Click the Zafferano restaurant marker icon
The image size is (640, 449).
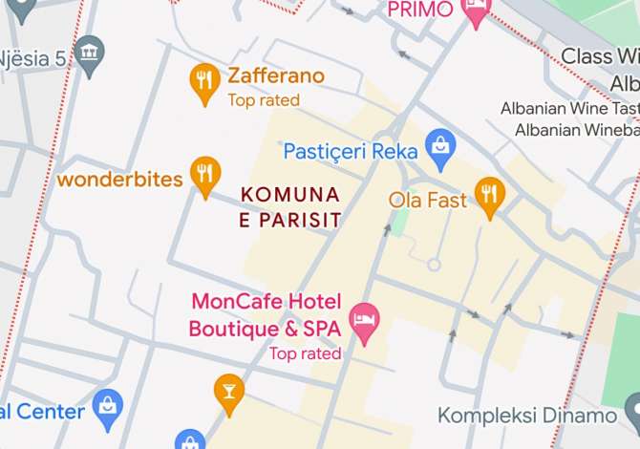click(x=204, y=81)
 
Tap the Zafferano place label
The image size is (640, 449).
click(x=276, y=76)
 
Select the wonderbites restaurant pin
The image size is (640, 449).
click(x=204, y=174)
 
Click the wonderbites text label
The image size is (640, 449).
click(x=120, y=180)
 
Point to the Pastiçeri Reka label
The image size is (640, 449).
click(x=352, y=151)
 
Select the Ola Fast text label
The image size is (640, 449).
click(x=428, y=201)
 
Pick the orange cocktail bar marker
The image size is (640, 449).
click(x=228, y=392)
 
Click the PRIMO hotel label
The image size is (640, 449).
click(x=419, y=10)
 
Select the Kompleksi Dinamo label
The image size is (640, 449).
click(x=527, y=416)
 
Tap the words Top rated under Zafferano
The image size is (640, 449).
click(x=264, y=100)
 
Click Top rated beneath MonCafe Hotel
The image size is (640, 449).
click(x=305, y=353)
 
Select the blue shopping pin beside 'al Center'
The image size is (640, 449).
click(x=109, y=407)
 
